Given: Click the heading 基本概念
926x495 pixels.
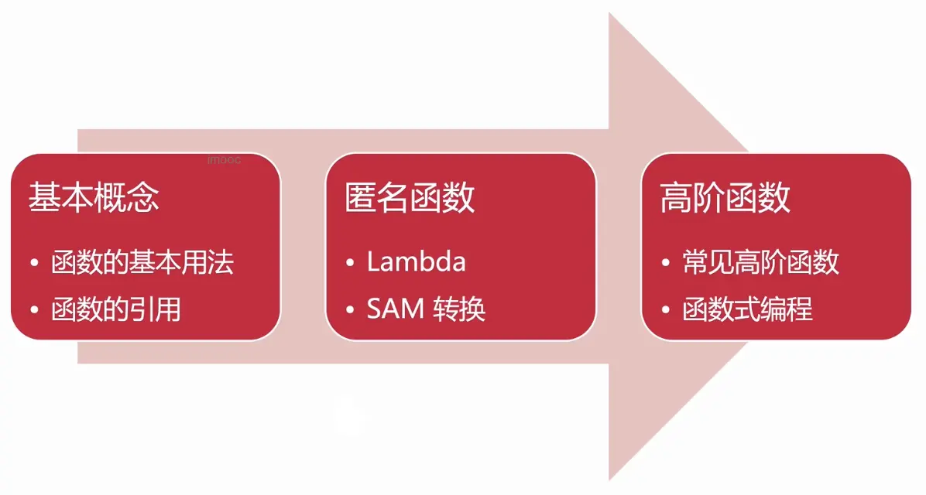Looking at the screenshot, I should click(x=94, y=198).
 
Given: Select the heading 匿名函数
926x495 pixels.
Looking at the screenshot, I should click(x=410, y=198).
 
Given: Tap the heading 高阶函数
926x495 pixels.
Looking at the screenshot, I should click(x=725, y=198).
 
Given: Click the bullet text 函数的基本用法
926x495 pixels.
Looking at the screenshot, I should click(x=142, y=263).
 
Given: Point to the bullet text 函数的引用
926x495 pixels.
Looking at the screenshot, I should click(x=116, y=309).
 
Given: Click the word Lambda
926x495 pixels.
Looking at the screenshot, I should click(x=417, y=263).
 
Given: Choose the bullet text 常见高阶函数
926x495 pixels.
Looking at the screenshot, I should click(x=761, y=263).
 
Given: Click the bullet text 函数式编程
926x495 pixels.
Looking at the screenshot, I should click(x=748, y=309).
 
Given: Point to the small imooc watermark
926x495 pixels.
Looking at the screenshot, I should click(x=225, y=160).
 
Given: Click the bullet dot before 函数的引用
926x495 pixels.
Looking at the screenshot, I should click(x=34, y=310).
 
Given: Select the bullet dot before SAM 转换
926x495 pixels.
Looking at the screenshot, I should click(x=350, y=310).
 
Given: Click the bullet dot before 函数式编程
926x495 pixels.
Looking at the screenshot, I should click(x=667, y=310).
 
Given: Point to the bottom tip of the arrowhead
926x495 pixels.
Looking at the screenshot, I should click(x=610, y=479).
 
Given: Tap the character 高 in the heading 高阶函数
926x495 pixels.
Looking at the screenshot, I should click(x=676, y=198).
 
